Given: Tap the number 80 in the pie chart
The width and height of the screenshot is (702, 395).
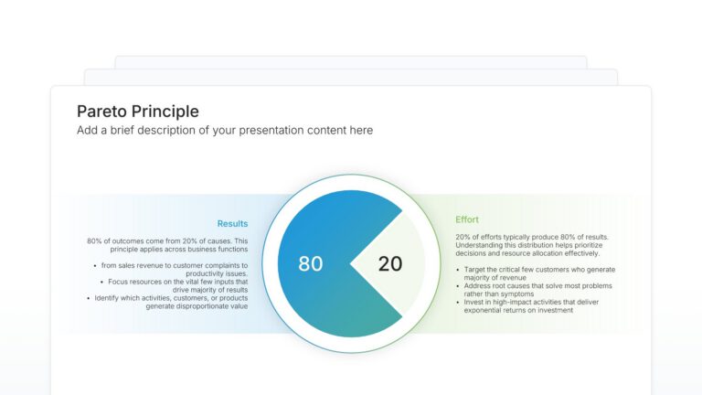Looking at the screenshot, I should (x=311, y=263).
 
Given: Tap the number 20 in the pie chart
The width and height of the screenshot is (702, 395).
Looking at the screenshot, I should (x=390, y=263).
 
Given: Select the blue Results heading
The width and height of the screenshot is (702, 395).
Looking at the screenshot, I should (x=232, y=223).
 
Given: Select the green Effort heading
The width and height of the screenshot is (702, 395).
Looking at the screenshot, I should (x=467, y=219).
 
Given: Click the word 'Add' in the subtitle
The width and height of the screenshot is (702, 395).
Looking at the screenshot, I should (x=87, y=131).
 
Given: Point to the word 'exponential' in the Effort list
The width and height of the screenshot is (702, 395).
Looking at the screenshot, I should (x=484, y=310).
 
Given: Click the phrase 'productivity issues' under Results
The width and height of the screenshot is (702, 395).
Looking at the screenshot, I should (x=217, y=273).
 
